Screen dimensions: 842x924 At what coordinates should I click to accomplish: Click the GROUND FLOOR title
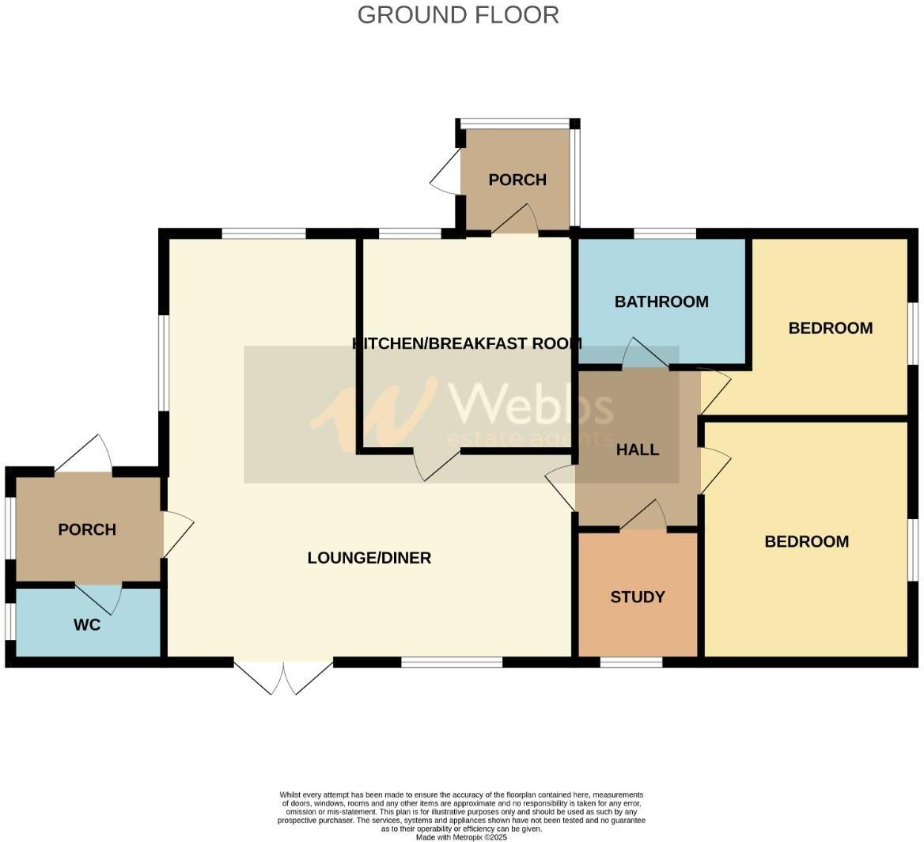click(458, 15)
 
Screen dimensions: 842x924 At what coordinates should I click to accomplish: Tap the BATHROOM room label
click(661, 302)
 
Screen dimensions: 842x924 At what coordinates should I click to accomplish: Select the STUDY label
click(638, 597)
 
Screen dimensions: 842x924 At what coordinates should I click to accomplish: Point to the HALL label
click(638, 449)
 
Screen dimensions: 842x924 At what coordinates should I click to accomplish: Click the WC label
click(87, 624)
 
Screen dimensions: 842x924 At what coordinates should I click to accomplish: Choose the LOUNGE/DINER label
click(369, 558)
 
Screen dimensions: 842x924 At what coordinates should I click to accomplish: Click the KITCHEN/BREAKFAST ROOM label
click(467, 343)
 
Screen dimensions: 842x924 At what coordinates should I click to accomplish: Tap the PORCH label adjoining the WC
click(87, 529)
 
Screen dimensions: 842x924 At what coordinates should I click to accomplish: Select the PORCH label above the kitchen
click(517, 180)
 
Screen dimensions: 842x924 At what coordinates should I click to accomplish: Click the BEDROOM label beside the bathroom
click(830, 328)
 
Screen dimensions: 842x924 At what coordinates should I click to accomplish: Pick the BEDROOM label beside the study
click(806, 541)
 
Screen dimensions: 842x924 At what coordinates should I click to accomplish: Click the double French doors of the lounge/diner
click(283, 677)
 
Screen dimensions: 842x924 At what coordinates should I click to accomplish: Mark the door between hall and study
click(643, 516)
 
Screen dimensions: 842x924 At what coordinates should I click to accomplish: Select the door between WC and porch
click(99, 597)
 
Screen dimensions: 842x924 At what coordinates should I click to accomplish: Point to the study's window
click(631, 662)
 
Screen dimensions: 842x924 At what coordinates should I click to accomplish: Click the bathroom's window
click(665, 233)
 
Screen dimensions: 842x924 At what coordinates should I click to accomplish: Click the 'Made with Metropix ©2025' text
click(461, 836)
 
